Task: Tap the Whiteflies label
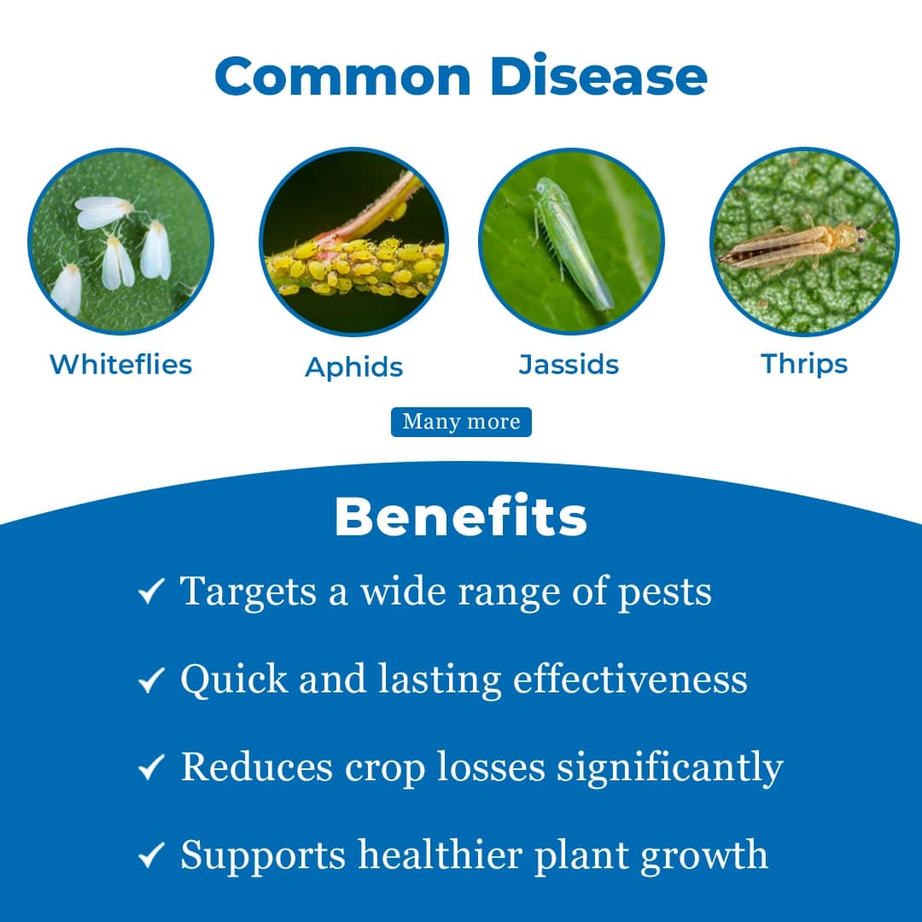coord(121,365)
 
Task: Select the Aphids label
coord(353,367)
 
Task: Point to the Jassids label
coord(569,365)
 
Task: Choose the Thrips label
coord(804,364)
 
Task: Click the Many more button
coord(461,422)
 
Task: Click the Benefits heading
coord(461,516)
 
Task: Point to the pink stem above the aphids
coord(376,213)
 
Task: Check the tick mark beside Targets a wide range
coord(151,592)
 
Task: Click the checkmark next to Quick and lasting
coord(151,680)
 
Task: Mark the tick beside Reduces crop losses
coord(151,768)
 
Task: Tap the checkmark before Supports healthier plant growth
coord(151,856)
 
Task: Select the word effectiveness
coord(630,680)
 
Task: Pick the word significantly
coord(669,768)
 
